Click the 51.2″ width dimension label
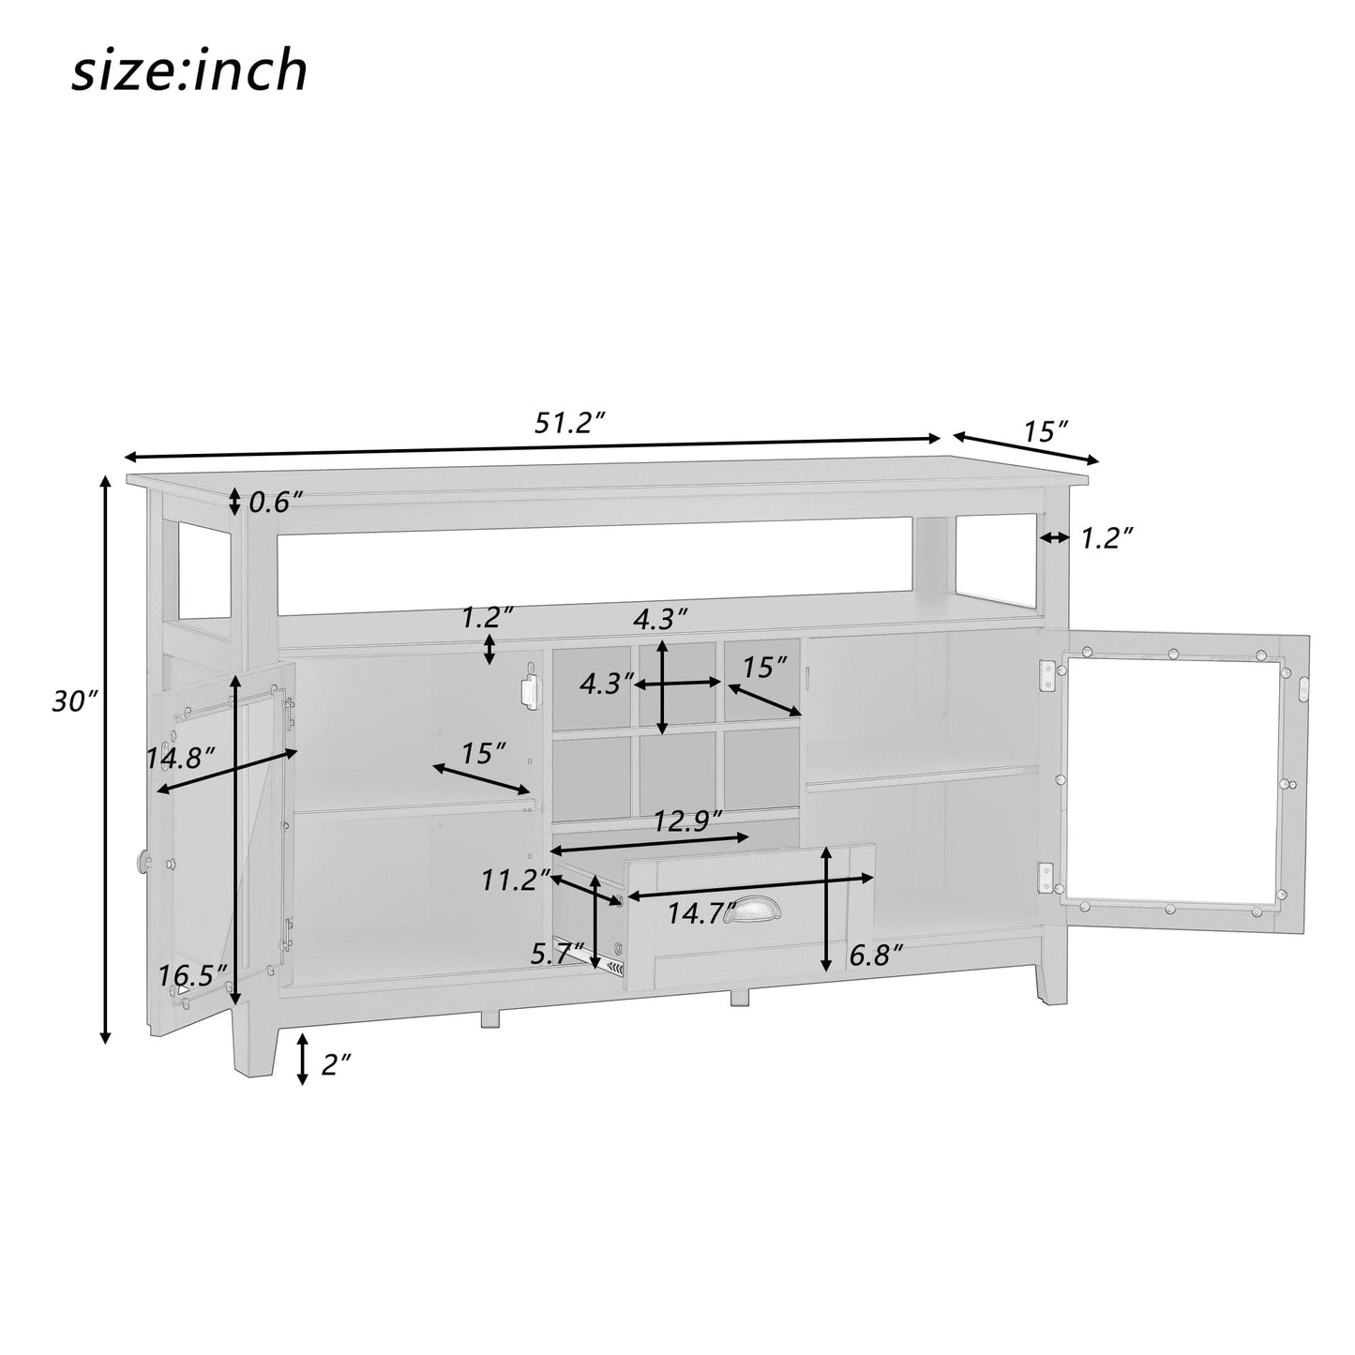pos(566,423)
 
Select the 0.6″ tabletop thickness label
pos(275,503)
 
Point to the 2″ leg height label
pos(335,1064)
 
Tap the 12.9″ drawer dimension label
pos(687,821)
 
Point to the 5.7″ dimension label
pos(558,954)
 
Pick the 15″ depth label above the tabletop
pos(1046,432)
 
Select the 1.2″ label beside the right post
pos(1107,538)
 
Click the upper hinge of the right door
pos(1047,675)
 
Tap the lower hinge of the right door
pos(1046,879)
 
